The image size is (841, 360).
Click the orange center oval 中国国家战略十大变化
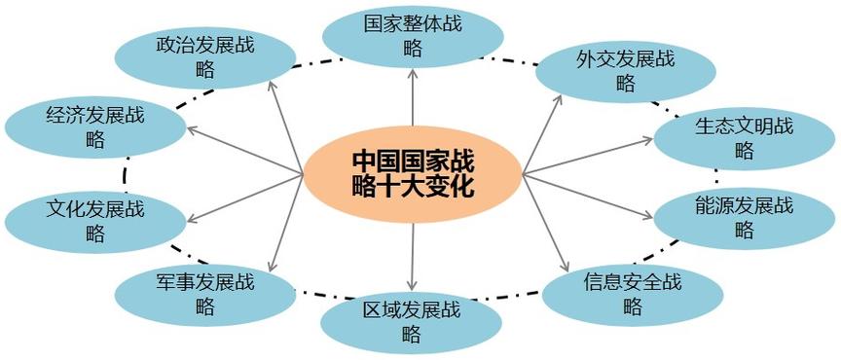point(413,173)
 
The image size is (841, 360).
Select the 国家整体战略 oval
point(413,37)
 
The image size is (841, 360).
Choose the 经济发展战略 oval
point(94,127)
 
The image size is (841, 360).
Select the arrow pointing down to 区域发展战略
point(412,257)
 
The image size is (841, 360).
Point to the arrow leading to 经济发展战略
point(243,152)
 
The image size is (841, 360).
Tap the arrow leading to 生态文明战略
point(589,157)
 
